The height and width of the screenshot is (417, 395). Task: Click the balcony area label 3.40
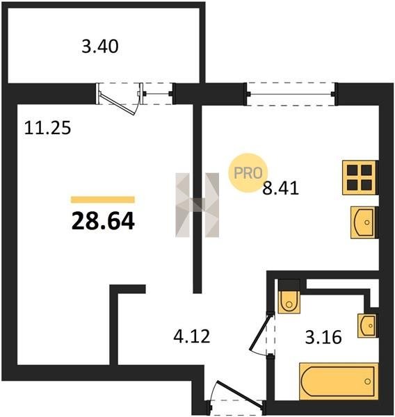pyautogui.click(x=100, y=47)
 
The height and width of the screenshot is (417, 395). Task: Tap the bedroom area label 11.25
pyautogui.click(x=48, y=128)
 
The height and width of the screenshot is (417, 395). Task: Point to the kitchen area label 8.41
pyautogui.click(x=280, y=188)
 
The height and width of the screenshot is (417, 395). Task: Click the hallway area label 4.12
pyautogui.click(x=192, y=336)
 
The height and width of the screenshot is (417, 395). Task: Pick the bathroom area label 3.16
pyautogui.click(x=323, y=338)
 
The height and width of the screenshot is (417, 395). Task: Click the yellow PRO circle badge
pyautogui.click(x=248, y=173)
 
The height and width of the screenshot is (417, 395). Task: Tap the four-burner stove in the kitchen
pyautogui.click(x=360, y=177)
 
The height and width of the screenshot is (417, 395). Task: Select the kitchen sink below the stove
pyautogui.click(x=363, y=222)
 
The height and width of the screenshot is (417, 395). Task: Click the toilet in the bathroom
pyautogui.click(x=289, y=302)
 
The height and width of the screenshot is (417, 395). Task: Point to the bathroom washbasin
pyautogui.click(x=367, y=325)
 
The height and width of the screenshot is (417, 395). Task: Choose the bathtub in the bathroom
pyautogui.click(x=339, y=382)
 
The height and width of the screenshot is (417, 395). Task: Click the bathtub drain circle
pyautogui.click(x=368, y=382)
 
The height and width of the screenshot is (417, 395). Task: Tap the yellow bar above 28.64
pyautogui.click(x=103, y=199)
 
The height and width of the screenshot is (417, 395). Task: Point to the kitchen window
pyautogui.click(x=291, y=94)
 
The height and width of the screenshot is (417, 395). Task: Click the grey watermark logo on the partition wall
pyautogui.click(x=197, y=205)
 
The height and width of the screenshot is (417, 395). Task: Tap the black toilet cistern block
pyautogui.click(x=289, y=285)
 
